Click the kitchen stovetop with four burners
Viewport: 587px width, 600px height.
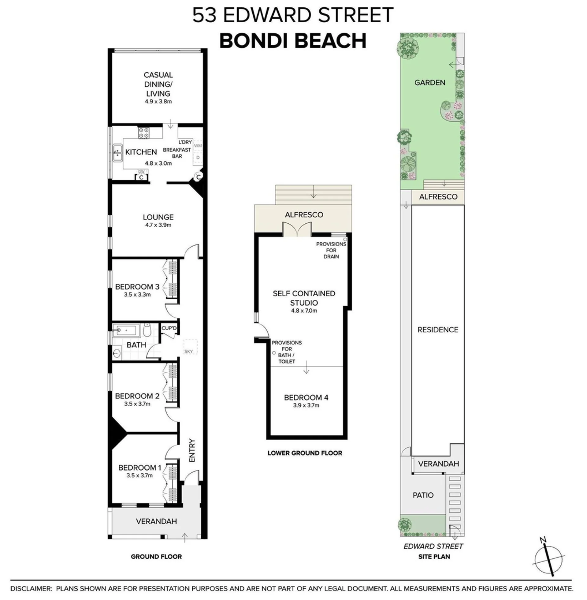point(144,133)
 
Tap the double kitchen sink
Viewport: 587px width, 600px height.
point(117,153)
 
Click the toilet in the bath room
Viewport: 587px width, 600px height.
point(147,330)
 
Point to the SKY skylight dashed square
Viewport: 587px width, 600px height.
point(191,347)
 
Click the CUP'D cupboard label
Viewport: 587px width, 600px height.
point(169,328)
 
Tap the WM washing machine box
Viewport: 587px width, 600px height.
point(198,146)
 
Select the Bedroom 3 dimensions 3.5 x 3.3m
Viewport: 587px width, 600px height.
point(137,294)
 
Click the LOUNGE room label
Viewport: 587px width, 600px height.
point(158,217)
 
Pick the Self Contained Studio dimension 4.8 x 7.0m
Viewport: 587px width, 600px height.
point(304,311)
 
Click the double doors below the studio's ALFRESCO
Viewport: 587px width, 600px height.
point(297,230)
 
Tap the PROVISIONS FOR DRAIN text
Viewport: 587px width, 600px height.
point(331,250)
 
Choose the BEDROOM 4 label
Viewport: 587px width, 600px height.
point(306,397)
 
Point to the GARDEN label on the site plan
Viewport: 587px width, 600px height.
point(430,83)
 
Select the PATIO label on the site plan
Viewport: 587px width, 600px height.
point(423,495)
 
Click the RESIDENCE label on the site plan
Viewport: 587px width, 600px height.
point(438,330)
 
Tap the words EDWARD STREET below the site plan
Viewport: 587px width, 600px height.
point(433,546)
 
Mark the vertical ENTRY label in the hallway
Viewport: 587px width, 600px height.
point(192,450)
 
